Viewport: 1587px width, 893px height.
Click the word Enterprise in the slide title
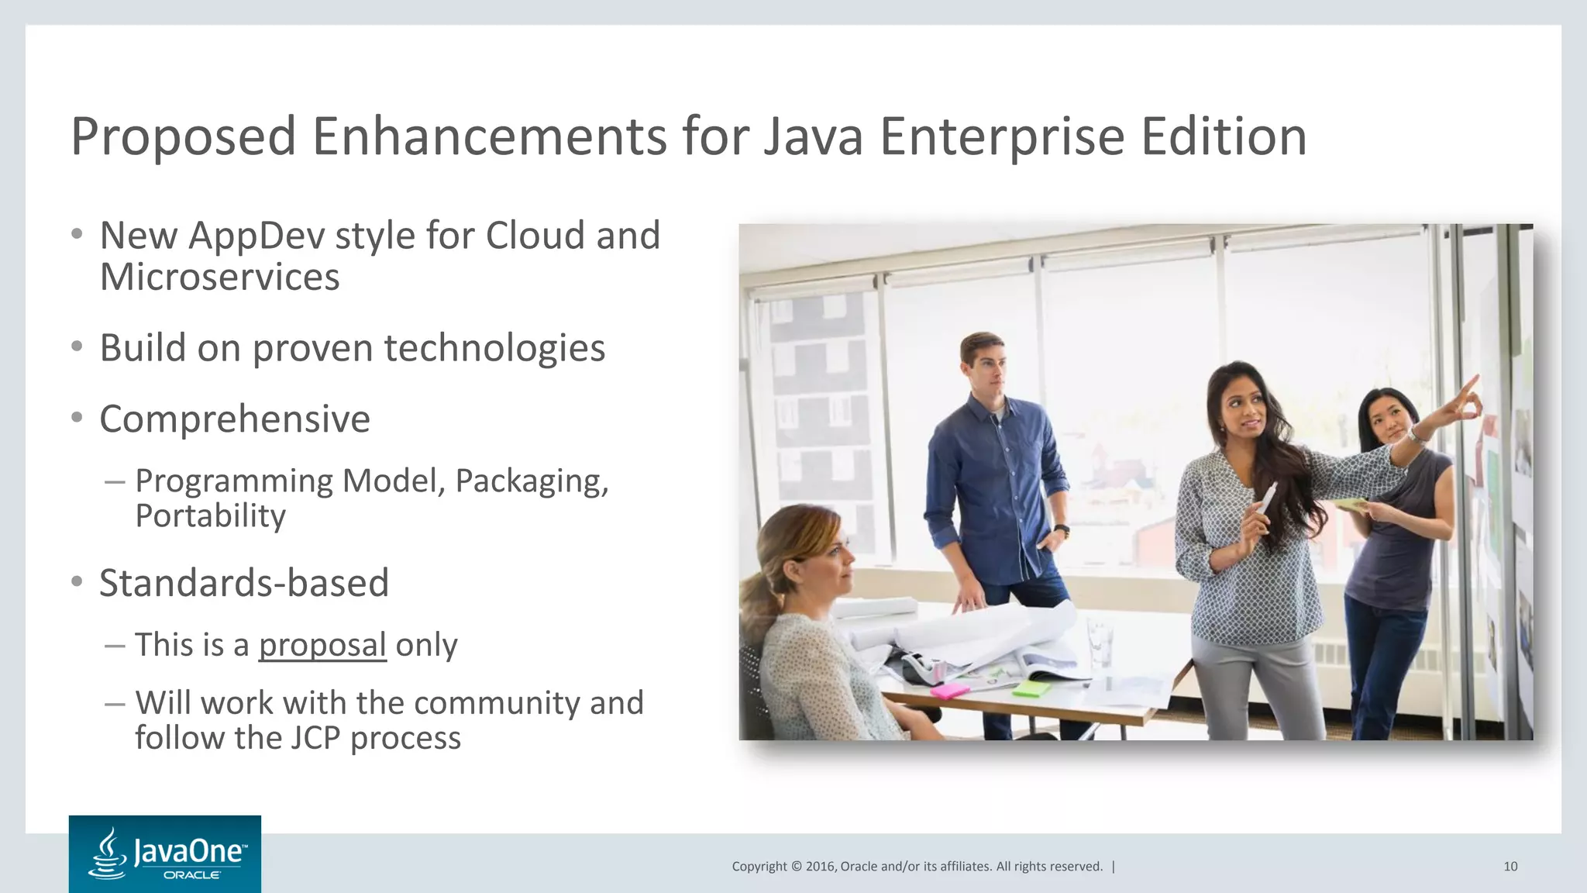(x=1001, y=136)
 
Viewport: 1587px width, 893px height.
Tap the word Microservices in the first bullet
(x=219, y=278)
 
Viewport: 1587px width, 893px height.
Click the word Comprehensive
(x=235, y=419)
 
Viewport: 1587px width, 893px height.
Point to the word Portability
(x=210, y=516)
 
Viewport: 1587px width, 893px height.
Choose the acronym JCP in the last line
(x=315, y=738)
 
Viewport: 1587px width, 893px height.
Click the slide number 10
(x=1510, y=867)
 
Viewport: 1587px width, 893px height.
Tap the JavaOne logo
(x=165, y=854)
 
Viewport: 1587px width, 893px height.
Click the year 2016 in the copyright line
(x=821, y=867)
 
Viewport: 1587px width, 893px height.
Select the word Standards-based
(x=243, y=583)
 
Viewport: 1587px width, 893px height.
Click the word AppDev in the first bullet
(x=256, y=236)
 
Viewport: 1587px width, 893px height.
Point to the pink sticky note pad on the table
(x=949, y=690)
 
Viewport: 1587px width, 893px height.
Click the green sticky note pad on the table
(x=1031, y=687)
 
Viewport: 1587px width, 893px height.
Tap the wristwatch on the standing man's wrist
(x=1061, y=531)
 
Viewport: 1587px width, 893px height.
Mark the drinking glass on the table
(x=1098, y=640)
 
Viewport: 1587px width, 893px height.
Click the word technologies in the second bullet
(x=494, y=348)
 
